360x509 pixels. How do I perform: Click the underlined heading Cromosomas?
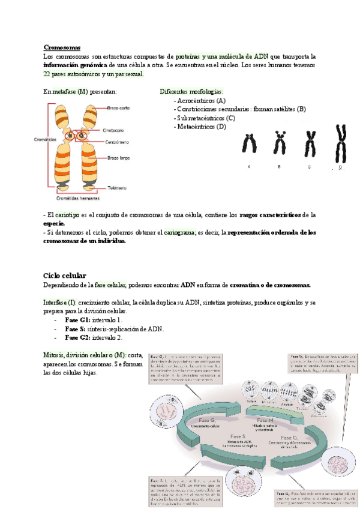62,47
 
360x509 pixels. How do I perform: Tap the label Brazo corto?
119,108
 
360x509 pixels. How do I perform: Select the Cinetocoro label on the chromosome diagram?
117,128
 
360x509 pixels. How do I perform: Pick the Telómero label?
117,188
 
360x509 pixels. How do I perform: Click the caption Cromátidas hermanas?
78,198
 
